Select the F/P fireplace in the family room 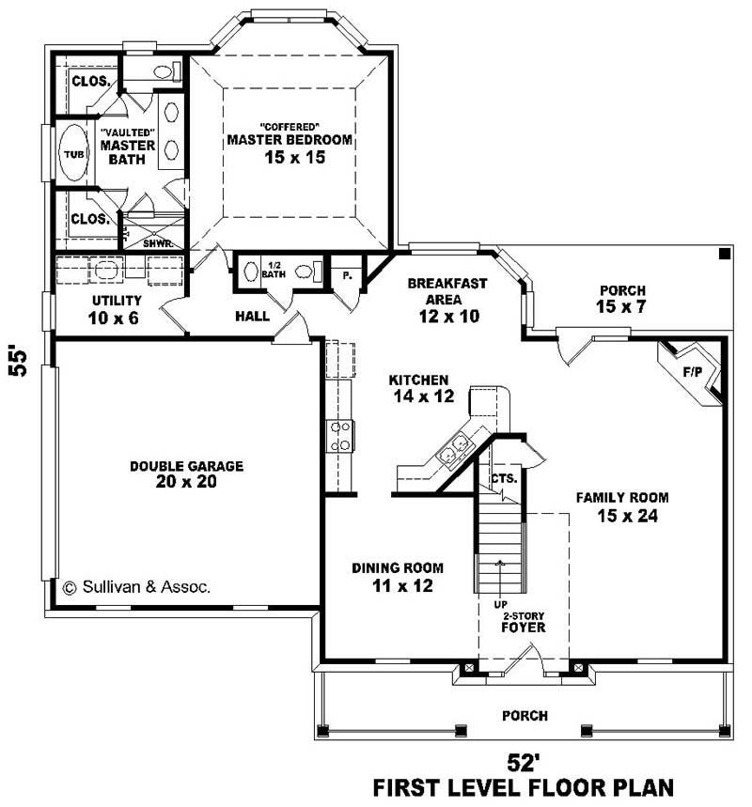click(x=693, y=372)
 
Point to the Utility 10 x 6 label click(x=116, y=308)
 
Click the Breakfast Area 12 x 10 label click(x=448, y=300)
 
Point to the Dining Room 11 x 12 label click(x=398, y=577)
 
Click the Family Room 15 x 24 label click(x=622, y=505)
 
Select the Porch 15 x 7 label click(x=620, y=299)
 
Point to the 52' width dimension click(x=523, y=759)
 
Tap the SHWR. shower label click(x=154, y=242)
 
